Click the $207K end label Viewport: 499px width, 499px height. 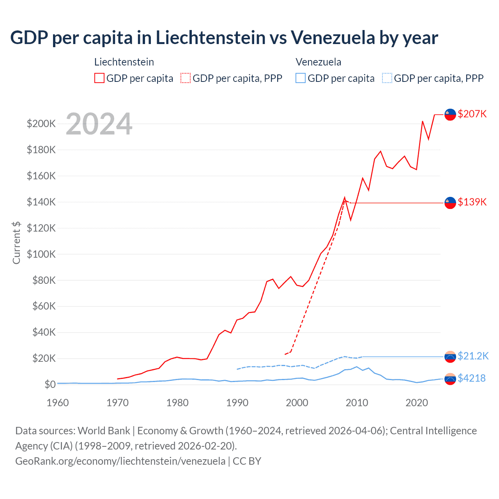pyautogui.click(x=472, y=114)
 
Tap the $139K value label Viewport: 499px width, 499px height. pyautogui.click(x=472, y=202)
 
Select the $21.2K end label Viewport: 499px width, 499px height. pyautogui.click(x=473, y=356)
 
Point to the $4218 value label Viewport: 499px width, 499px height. pyautogui.click(x=472, y=378)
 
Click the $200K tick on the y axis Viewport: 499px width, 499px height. pyautogui.click(x=41, y=124)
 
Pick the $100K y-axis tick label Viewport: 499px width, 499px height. pyautogui.click(x=41, y=254)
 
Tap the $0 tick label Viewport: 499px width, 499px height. pyautogui.click(x=50, y=385)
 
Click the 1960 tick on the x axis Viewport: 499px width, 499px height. pyautogui.click(x=58, y=403)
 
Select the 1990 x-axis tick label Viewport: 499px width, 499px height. pyautogui.click(x=237, y=403)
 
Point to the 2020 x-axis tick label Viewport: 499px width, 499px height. pyautogui.click(x=417, y=403)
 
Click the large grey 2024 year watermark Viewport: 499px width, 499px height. pyautogui.click(x=99, y=124)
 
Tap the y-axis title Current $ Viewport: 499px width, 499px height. pyautogui.click(x=16, y=242)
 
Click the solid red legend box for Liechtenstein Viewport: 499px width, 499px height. pyautogui.click(x=99, y=78)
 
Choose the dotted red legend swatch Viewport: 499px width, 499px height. pyautogui.click(x=186, y=78)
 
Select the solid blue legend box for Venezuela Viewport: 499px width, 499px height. pyautogui.click(x=301, y=78)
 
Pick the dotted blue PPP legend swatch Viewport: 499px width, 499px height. pyautogui.click(x=387, y=78)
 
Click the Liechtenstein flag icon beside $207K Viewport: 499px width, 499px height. pyautogui.click(x=450, y=115)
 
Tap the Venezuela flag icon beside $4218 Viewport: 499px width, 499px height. pyautogui.click(x=450, y=379)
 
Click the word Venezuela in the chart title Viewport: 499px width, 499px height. pyautogui.click(x=333, y=38)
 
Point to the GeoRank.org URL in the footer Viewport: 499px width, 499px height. pyautogui.click(x=120, y=461)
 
